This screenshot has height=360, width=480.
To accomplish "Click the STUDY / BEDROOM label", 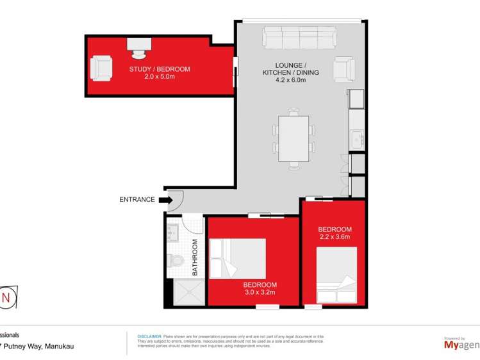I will click(x=160, y=69).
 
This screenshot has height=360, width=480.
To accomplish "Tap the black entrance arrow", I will click(x=165, y=200).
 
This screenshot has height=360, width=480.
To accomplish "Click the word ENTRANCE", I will click(x=137, y=199).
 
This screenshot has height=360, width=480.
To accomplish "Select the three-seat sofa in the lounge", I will click(x=300, y=38).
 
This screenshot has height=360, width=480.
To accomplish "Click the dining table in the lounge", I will click(x=294, y=138).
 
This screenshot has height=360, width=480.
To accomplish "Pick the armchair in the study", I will click(x=101, y=68).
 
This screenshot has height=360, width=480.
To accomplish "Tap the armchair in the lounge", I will click(x=344, y=69).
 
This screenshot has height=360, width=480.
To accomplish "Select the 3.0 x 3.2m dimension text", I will click(x=260, y=293).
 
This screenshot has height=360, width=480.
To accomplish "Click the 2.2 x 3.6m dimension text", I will click(x=335, y=237).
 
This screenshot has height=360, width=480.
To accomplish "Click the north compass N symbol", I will click(x=7, y=297).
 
